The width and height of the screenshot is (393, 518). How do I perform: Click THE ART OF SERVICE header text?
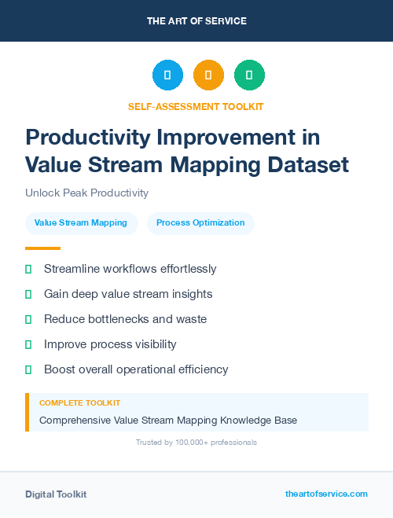pos(196,20)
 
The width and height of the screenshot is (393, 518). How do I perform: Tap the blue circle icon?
pos(167,75)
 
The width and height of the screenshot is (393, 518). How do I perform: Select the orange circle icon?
pos(208,75)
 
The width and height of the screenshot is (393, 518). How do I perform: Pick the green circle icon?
pos(249,75)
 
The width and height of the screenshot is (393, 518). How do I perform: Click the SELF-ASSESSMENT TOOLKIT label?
pos(196,106)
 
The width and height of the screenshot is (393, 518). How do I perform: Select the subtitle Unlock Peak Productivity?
pos(86,193)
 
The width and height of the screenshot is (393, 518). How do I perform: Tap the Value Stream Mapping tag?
pos(82,223)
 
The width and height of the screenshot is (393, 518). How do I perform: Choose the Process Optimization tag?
pos(200,223)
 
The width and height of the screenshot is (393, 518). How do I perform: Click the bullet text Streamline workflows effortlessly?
pos(130,269)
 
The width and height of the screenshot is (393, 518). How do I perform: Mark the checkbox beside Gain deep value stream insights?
pos(28,294)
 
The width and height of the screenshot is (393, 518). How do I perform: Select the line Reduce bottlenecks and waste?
pos(125,319)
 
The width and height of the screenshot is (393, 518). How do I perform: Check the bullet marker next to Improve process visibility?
pos(28,344)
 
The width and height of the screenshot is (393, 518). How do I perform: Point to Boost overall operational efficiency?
pos(136,369)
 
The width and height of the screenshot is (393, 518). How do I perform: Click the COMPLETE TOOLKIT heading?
pos(79,403)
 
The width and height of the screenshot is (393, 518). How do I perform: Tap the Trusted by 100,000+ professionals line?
pos(196,443)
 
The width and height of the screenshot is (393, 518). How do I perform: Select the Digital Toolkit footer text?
pos(56,494)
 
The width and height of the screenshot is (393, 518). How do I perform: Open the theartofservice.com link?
pos(326,494)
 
